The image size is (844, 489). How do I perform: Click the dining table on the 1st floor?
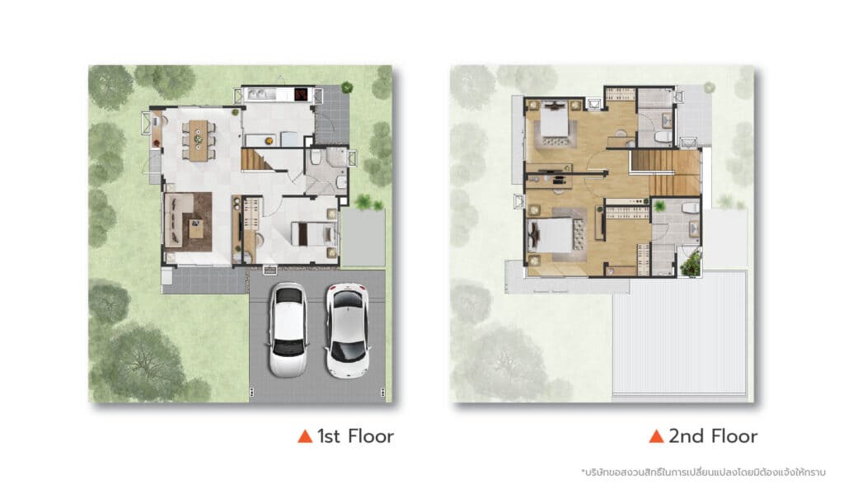tap(198, 139)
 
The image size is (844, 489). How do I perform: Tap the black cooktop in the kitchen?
tap(301, 95)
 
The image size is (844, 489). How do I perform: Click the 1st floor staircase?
tap(258, 160)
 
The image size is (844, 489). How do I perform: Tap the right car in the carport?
tap(347, 331)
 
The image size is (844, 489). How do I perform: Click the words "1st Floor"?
tap(355, 436)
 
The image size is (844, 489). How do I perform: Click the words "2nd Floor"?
tap(713, 436)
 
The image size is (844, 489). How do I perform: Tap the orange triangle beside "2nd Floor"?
tap(656, 436)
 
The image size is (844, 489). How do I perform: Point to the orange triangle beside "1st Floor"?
tap(305, 436)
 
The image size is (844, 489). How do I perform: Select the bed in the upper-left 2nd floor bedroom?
tap(555, 122)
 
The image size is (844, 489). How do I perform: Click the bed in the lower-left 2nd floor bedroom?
tap(550, 235)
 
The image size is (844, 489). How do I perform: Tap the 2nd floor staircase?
tap(666, 172)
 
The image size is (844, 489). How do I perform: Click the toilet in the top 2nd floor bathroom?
tap(663, 137)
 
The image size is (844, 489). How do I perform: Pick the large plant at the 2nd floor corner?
tap(691, 264)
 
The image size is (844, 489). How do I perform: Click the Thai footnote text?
tap(703, 473)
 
